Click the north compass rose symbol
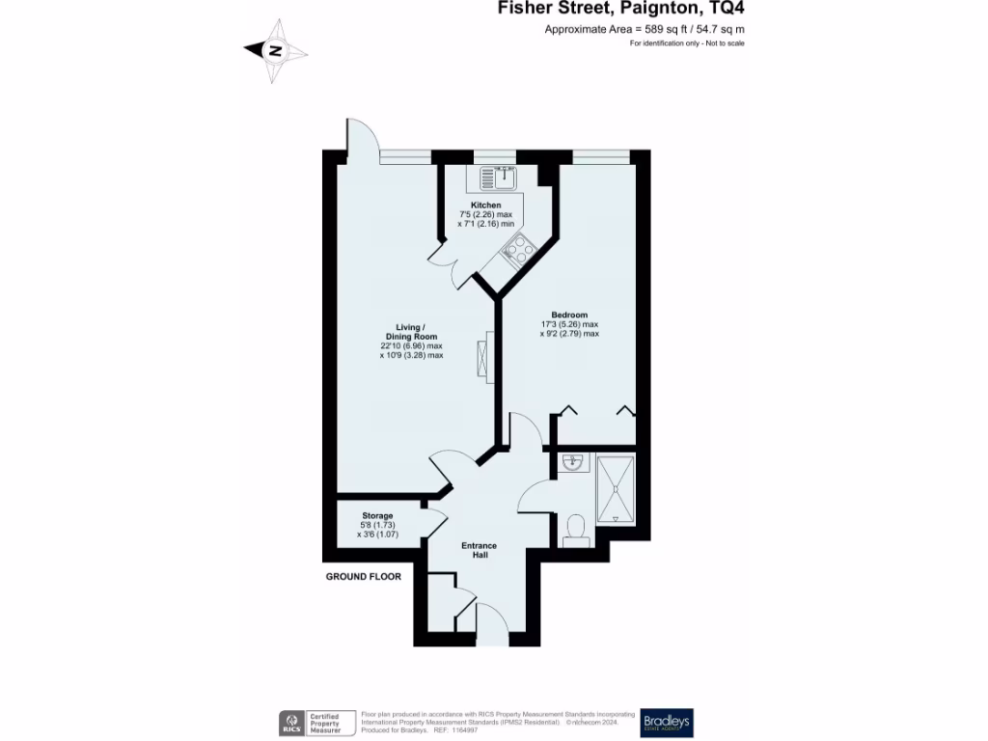coord(275,51)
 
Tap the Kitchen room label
coord(485,206)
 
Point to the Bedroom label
coord(569,315)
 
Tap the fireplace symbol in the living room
coord(483,358)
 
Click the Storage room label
coord(377,516)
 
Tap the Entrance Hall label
coord(480,551)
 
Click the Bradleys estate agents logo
coord(667,723)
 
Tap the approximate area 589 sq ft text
coord(645,30)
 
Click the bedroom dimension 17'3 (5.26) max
coord(569,324)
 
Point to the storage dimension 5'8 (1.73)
coord(377,526)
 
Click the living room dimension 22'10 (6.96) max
coord(411,345)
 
